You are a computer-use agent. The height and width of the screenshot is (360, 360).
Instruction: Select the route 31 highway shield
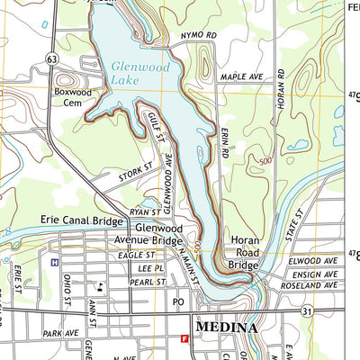[x=307, y=310]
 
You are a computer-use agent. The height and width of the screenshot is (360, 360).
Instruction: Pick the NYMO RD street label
[x=200, y=35]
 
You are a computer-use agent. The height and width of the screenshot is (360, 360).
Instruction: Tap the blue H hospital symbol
[x=55, y=262]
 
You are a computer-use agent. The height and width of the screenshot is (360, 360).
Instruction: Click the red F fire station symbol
[x=184, y=339]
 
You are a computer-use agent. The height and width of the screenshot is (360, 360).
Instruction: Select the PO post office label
[x=178, y=302]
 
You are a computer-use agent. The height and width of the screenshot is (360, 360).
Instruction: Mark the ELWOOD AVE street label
[x=313, y=260]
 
